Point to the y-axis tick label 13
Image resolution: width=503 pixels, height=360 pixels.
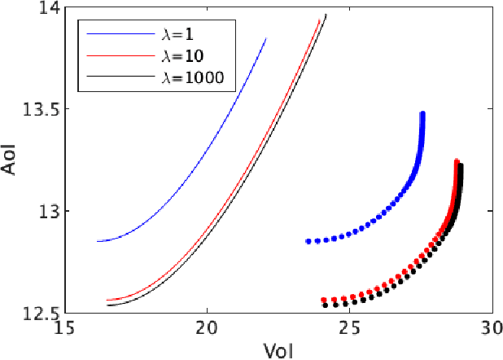50,212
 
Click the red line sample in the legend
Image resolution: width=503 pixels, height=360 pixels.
116,57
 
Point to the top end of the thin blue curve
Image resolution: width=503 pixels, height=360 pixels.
266,37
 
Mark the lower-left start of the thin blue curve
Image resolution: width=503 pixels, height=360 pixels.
97,241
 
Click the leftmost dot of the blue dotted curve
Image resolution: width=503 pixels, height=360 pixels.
308,241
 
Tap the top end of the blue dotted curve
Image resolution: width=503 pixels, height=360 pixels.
422,114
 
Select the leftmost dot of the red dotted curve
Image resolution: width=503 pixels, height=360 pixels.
324,300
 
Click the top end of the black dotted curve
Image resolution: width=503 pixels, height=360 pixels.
461,166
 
